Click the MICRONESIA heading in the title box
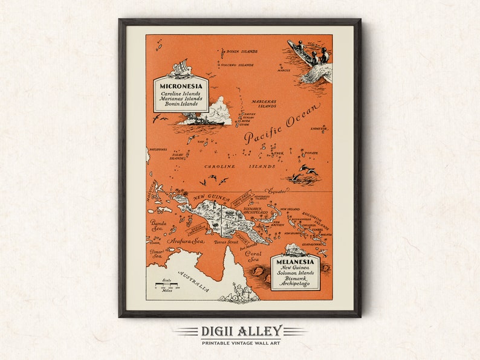point(181,86)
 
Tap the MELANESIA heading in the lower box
point(295,262)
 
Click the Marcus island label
point(284,71)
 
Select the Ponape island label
point(310,153)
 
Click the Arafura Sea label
point(186,241)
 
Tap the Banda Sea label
point(158,225)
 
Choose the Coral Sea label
point(253,257)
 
